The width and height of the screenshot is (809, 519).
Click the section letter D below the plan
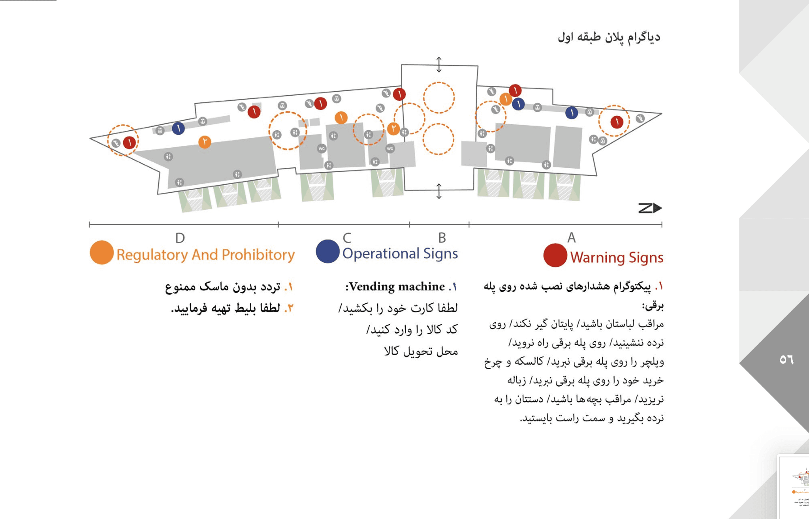click(x=180, y=238)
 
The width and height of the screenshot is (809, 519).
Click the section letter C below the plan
click(x=347, y=238)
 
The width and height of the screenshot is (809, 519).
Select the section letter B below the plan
click(x=442, y=238)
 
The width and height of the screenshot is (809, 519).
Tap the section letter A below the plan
click(x=571, y=238)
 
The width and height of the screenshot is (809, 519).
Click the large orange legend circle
click(x=102, y=252)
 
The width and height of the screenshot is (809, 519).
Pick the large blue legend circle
click(x=327, y=251)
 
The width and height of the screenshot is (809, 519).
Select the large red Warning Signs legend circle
click(x=555, y=255)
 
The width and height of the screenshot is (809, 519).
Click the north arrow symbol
click(x=650, y=208)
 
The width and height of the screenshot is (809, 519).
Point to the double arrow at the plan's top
click(x=439, y=64)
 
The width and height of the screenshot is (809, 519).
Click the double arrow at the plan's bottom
click(x=439, y=191)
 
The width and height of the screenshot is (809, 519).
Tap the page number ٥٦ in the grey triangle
click(x=786, y=359)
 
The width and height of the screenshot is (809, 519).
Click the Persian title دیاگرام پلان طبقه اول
click(x=609, y=37)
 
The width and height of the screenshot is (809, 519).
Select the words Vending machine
click(x=397, y=286)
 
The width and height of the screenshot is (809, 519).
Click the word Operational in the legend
click(x=380, y=253)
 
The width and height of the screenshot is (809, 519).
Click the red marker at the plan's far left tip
click(x=129, y=142)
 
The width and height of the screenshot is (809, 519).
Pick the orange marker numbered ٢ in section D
click(x=205, y=142)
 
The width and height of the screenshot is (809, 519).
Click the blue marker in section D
click(x=178, y=128)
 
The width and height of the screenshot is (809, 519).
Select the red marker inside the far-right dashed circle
click(x=617, y=122)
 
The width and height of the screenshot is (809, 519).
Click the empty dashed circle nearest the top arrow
click(x=438, y=98)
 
